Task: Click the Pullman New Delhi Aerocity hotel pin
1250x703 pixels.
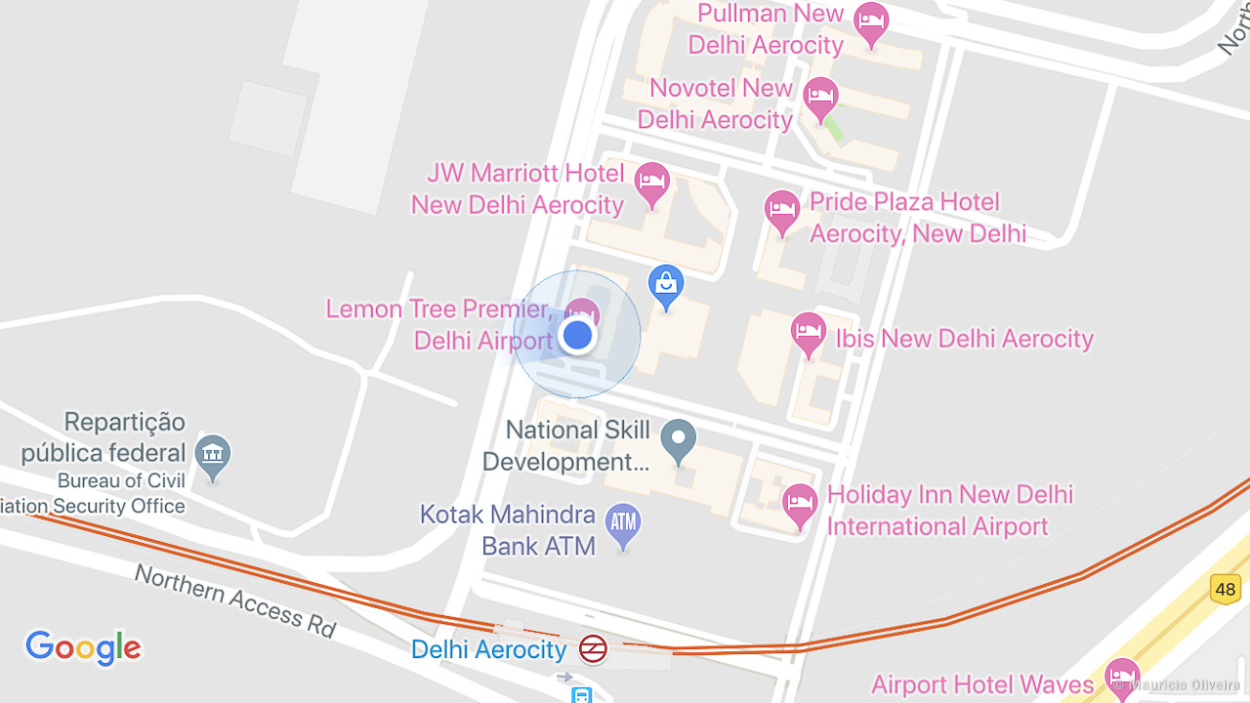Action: (x=871, y=21)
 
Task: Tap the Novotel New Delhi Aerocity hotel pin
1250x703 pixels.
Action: (x=820, y=97)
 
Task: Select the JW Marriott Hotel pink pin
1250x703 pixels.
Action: (x=652, y=182)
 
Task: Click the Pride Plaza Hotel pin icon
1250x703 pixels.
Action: (x=782, y=209)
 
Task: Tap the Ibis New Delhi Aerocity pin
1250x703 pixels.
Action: (x=809, y=333)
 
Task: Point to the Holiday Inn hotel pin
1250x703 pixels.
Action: (x=800, y=504)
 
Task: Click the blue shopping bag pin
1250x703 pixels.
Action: (x=666, y=284)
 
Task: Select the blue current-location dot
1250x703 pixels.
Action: (x=577, y=335)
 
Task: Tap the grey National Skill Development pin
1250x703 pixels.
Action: (x=678, y=439)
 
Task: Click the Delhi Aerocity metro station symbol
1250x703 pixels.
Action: (x=593, y=649)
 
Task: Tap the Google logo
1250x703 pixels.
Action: (x=84, y=647)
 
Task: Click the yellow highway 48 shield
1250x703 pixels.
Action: (x=1226, y=589)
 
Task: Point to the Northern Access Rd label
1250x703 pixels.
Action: (x=235, y=600)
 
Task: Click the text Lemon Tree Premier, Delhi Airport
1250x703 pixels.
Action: (x=439, y=324)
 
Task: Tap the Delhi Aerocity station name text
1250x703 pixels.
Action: (x=488, y=649)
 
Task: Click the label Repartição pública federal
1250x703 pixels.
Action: (x=104, y=437)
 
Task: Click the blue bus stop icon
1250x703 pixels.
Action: (x=582, y=694)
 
